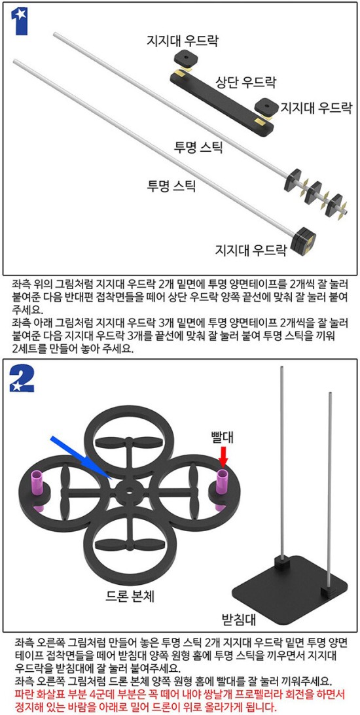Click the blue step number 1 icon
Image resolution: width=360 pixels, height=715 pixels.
point(19,21)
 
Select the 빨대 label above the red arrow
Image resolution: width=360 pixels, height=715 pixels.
point(223,437)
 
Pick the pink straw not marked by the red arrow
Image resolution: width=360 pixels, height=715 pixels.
point(36,490)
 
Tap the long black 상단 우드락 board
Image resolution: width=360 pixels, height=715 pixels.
point(222,103)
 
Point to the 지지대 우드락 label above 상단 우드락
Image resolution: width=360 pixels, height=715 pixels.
point(183,41)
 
